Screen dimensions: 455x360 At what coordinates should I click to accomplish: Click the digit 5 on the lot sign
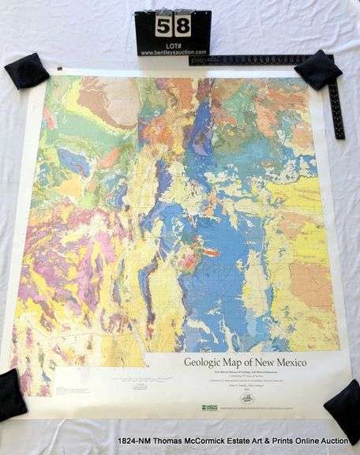[163, 25]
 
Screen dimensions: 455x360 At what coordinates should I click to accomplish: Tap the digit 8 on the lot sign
[182, 25]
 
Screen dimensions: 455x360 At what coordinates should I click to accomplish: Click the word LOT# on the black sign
[173, 43]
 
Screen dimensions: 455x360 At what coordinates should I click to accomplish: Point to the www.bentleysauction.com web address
[173, 52]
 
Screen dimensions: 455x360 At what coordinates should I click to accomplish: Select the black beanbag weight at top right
[318, 69]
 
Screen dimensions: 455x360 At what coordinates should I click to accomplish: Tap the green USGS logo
[210, 408]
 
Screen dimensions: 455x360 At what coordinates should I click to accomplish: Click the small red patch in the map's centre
[210, 253]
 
